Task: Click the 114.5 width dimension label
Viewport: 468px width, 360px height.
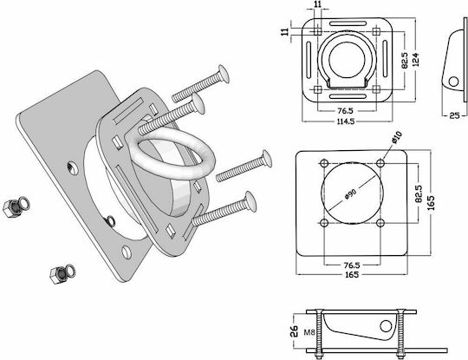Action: tap(346, 121)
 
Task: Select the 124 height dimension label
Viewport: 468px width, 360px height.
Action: tap(415, 59)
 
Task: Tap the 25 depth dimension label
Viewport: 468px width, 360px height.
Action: tap(454, 115)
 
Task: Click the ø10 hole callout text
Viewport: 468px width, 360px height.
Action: tap(397, 137)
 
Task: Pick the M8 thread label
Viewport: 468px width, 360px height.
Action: tap(309, 332)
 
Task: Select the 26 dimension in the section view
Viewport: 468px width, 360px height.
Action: tap(295, 331)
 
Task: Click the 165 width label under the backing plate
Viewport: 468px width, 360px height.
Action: tap(352, 275)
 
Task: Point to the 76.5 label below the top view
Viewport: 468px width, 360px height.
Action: tap(345, 111)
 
